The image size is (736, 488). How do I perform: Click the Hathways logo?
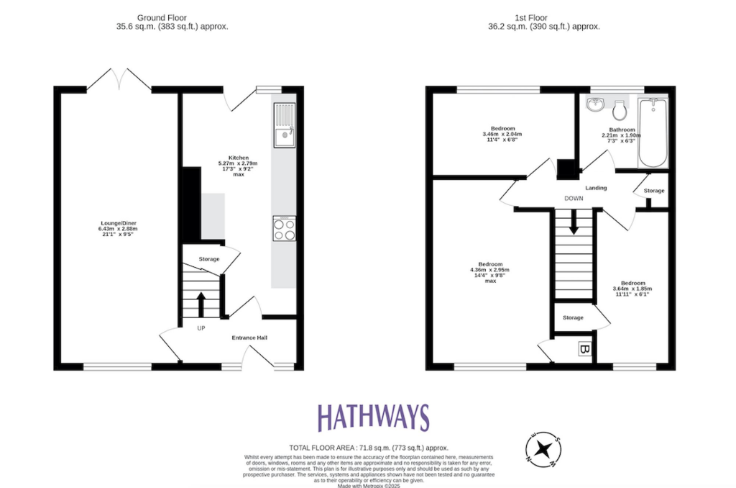(373, 418)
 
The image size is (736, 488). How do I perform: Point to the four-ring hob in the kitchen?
(284, 228)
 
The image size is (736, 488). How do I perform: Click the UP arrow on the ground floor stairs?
(201, 303)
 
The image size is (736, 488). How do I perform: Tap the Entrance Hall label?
(249, 337)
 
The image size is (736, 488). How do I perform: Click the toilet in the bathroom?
(620, 110)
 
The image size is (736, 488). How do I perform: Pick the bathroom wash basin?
(596, 107)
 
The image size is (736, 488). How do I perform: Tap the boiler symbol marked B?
(584, 350)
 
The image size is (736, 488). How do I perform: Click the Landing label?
(596, 188)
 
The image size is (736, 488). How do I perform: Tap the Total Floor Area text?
(368, 446)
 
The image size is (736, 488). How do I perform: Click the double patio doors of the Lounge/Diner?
(119, 79)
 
